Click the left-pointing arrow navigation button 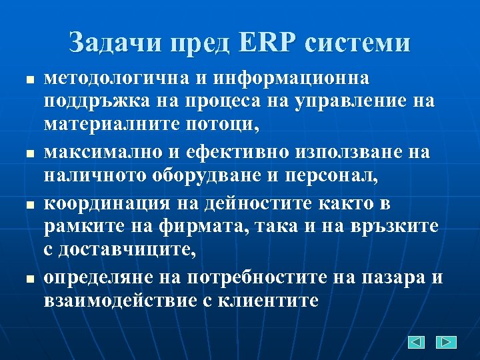click(415, 342)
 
